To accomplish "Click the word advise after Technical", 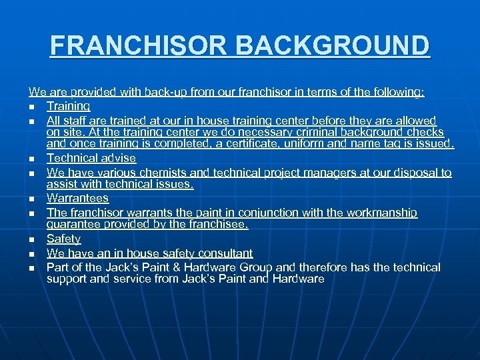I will [x=117, y=159].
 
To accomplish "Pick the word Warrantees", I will [x=77, y=199].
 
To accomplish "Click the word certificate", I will [x=285, y=144].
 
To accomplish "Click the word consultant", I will [x=223, y=253].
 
